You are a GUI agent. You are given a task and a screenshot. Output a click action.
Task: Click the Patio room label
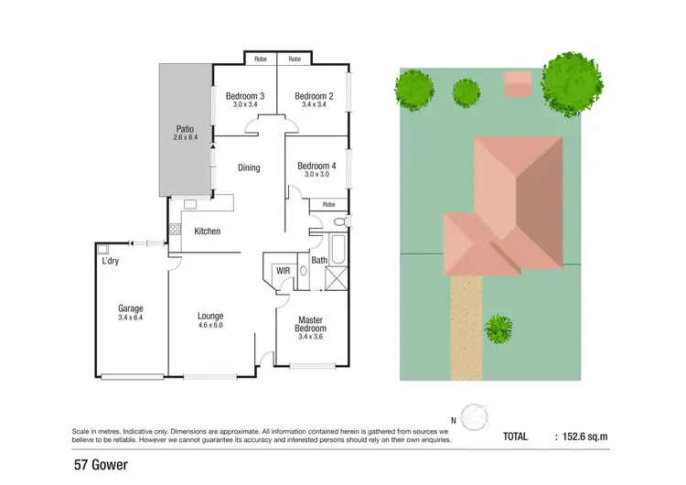pyautogui.click(x=186, y=129)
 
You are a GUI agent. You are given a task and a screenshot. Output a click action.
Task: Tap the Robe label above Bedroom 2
pyautogui.click(x=295, y=59)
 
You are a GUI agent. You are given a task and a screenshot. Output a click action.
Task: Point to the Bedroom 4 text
pyautogui.click(x=316, y=166)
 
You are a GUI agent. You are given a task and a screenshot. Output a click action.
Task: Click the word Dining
pyautogui.click(x=249, y=167)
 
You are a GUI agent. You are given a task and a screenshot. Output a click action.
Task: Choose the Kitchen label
pyautogui.click(x=208, y=232)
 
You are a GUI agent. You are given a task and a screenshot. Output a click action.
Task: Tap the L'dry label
pyautogui.click(x=111, y=262)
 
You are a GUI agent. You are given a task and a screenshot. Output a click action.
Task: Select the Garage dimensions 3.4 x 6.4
pyautogui.click(x=131, y=318)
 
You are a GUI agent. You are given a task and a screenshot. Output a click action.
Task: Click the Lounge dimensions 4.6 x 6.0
pyautogui.click(x=211, y=325)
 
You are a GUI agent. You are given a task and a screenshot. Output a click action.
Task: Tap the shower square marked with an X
pyautogui.click(x=338, y=276)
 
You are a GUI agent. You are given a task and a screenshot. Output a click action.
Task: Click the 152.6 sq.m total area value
pyautogui.click(x=583, y=437)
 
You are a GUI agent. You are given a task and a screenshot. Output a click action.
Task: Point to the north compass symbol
pyautogui.click(x=474, y=417)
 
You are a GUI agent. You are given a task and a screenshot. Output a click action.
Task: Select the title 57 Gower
pyautogui.click(x=101, y=465)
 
